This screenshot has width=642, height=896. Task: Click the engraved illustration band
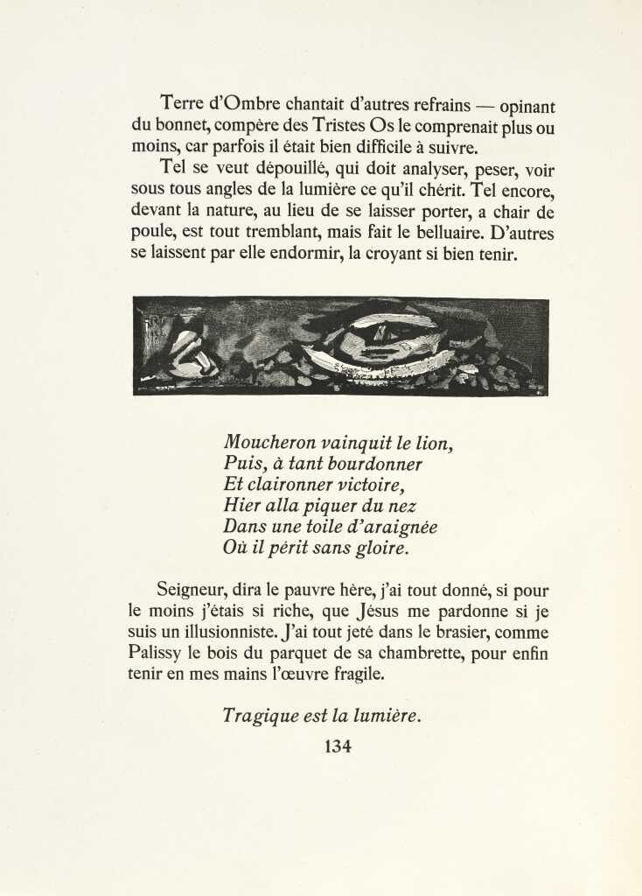click(x=340, y=346)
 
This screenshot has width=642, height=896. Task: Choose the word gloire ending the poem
click(x=382, y=549)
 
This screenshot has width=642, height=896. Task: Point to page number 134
click(x=338, y=747)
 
